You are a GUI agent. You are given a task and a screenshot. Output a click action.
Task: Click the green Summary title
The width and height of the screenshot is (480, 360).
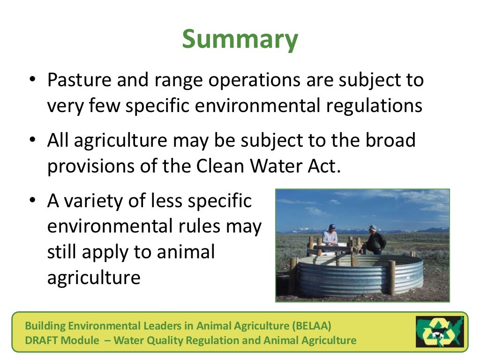(x=240, y=39)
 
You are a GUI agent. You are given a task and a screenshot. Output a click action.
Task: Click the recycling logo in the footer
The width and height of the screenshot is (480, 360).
(x=439, y=331)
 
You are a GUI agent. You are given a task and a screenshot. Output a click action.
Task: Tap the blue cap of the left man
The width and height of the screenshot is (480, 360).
(x=331, y=226)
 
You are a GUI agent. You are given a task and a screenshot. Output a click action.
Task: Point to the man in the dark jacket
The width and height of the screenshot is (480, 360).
(x=375, y=240)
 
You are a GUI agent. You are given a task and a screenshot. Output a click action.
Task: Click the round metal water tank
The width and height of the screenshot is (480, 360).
(x=356, y=277)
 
